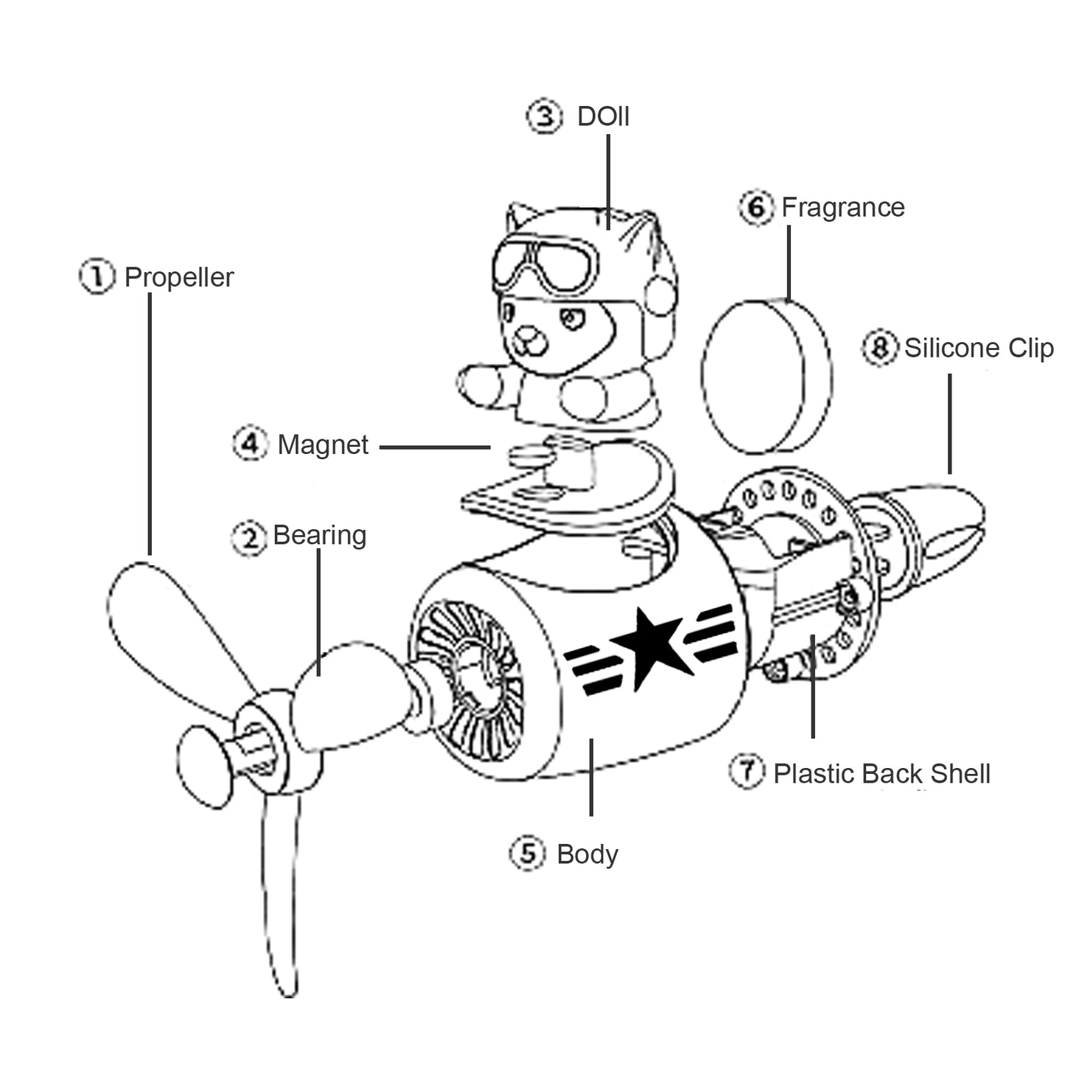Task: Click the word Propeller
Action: [x=178, y=278]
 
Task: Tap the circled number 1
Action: [x=97, y=276]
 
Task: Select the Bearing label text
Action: [x=319, y=535]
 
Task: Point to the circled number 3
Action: [x=545, y=116]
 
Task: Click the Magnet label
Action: [x=323, y=445]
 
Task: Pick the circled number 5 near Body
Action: [x=528, y=853]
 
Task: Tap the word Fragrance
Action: [x=842, y=208]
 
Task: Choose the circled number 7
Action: [x=747, y=771]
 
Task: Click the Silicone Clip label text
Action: [x=979, y=348]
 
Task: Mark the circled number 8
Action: [x=880, y=347]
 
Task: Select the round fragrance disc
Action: [x=767, y=376]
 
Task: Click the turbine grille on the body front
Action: [x=467, y=678]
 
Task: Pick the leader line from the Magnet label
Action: [x=435, y=447]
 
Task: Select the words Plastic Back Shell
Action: [x=881, y=774]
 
